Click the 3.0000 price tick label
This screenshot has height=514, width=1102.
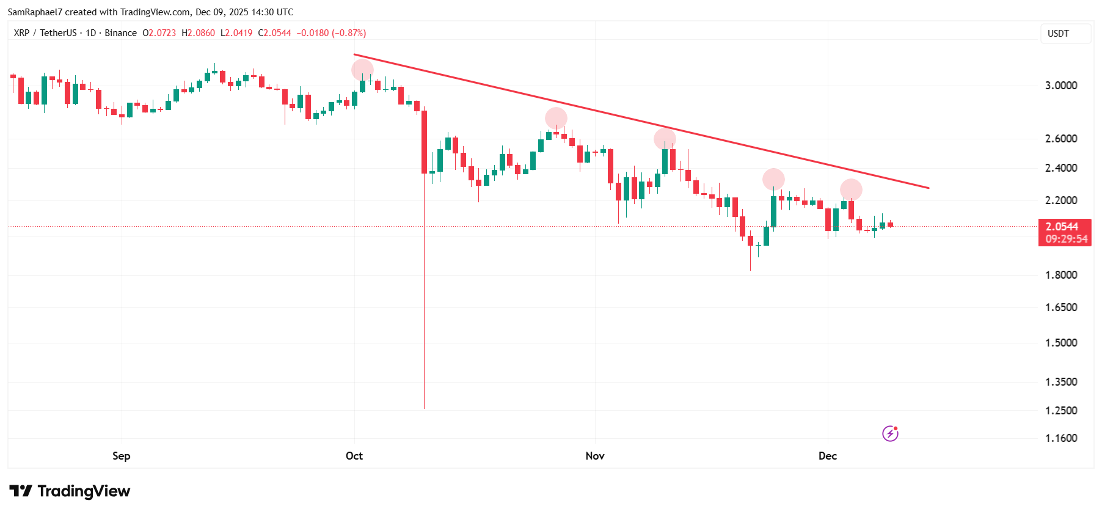tap(1060, 86)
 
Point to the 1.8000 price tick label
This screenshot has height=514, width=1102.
tap(1060, 275)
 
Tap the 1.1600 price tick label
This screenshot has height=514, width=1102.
tap(1060, 438)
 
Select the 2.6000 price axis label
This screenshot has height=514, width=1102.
tap(1060, 139)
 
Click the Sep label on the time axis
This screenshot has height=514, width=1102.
tap(121, 456)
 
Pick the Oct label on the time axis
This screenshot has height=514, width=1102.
tap(354, 456)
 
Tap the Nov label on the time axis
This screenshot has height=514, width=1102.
tap(594, 456)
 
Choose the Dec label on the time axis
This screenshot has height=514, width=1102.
tap(827, 456)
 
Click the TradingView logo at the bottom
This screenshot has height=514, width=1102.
tap(70, 491)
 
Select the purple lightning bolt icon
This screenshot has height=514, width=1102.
tap(890, 433)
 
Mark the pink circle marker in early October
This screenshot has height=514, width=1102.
tap(362, 70)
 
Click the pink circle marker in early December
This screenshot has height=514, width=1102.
tap(851, 190)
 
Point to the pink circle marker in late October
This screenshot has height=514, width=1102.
tap(556, 118)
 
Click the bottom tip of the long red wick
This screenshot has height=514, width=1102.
tap(424, 408)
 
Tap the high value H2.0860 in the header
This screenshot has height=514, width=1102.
tap(198, 33)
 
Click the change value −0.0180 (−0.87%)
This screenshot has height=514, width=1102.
tap(331, 33)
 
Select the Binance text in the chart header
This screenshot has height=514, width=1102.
tap(120, 33)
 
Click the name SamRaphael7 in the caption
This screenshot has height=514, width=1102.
tap(35, 12)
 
